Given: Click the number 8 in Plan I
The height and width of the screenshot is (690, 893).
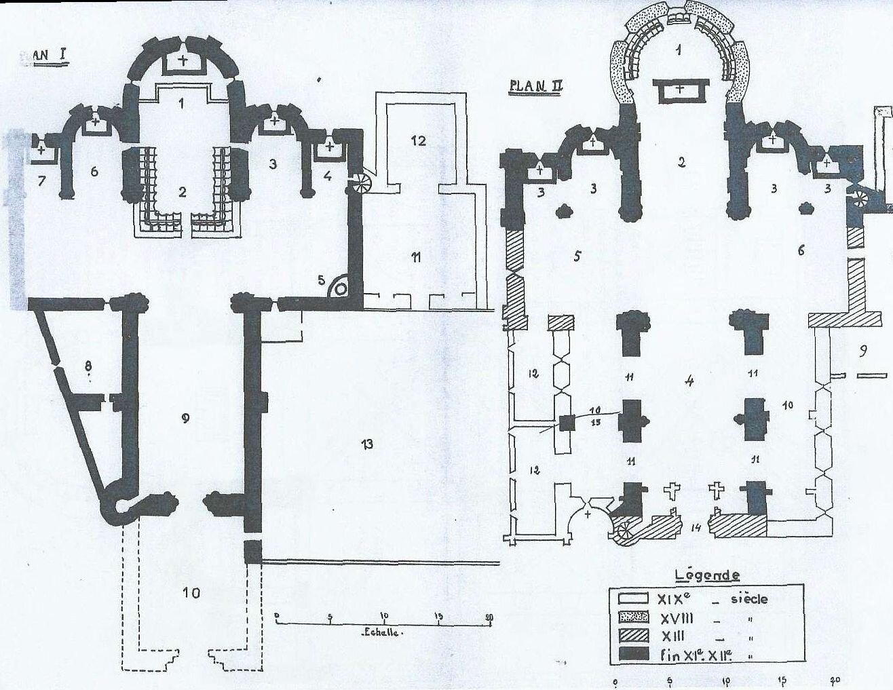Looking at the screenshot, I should coord(88,366).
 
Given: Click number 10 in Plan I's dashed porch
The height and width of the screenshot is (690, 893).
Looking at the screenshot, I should coord(191,593).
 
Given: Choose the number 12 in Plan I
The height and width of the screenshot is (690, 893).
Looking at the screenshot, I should coord(419,140).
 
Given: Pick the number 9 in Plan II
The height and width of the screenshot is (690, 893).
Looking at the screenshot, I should coord(862,351).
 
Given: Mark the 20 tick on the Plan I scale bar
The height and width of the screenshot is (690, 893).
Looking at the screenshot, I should coord(489,617).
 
